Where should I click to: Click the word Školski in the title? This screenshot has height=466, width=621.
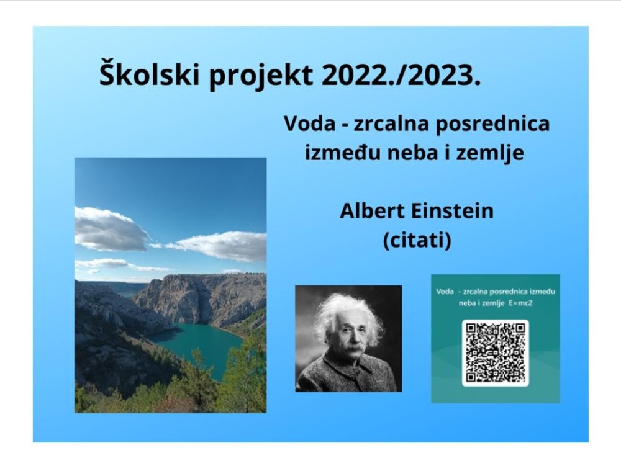[149, 73]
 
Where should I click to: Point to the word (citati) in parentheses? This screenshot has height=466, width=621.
[417, 240]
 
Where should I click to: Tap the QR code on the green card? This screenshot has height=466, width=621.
[495, 353]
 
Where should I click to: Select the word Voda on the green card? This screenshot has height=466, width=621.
[445, 292]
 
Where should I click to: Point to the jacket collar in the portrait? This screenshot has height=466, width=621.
[348, 366]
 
